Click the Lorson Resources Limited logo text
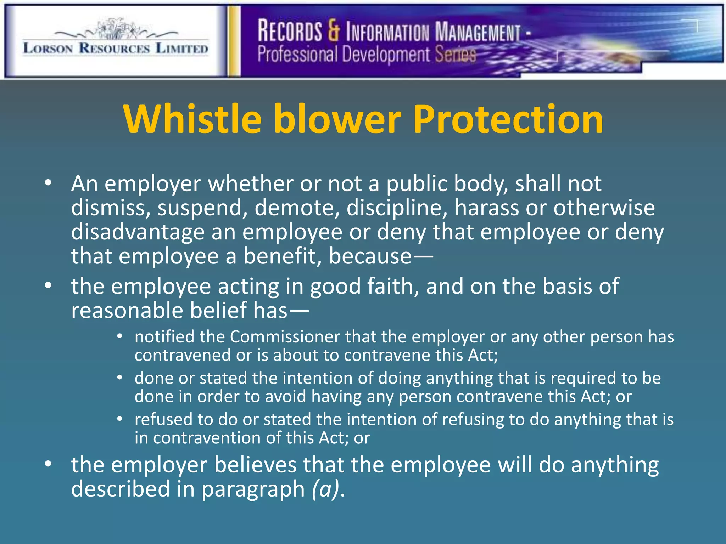(116, 48)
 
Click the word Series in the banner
(456, 55)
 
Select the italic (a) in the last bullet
(325, 489)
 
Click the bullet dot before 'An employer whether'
(48, 183)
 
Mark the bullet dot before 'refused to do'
(120, 419)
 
